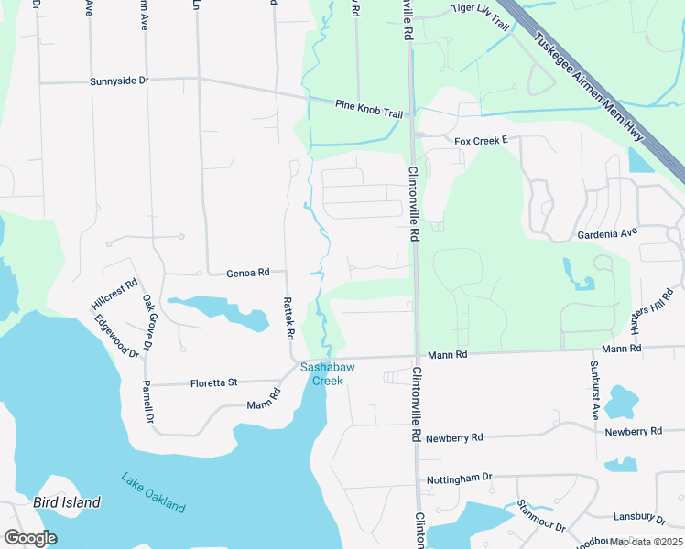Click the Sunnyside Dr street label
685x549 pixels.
click(x=119, y=81)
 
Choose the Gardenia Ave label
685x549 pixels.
click(x=607, y=233)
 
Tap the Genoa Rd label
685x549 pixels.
click(x=247, y=273)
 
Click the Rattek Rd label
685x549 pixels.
click(x=288, y=316)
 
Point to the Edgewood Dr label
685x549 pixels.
click(x=115, y=336)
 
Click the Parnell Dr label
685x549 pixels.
click(x=147, y=402)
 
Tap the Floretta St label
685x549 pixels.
click(x=213, y=382)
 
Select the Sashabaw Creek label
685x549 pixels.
click(x=322, y=373)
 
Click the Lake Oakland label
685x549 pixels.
click(x=153, y=492)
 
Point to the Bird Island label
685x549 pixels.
click(x=67, y=502)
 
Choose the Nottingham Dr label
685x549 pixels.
click(x=460, y=479)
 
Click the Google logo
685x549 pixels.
click(x=30, y=538)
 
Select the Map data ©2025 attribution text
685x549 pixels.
click(x=645, y=542)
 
